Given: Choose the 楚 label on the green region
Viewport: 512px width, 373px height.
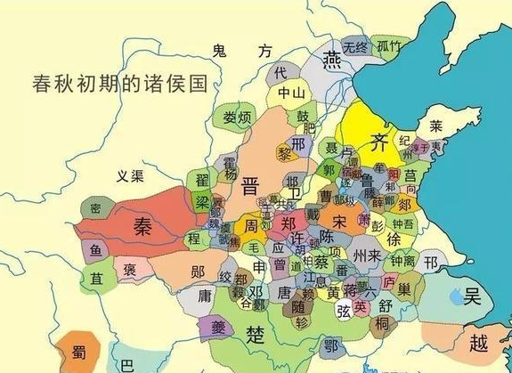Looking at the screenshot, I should coord(256,336).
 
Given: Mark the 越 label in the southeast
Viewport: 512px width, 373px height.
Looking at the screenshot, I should coord(480,343).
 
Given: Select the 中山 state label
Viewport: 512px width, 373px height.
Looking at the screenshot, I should coord(291,92).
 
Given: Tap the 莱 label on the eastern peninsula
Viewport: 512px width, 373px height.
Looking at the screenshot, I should coord(435,126).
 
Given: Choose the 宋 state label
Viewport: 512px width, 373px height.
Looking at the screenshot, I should coord(338,219).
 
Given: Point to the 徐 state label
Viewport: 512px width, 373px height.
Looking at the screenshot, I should coord(393,239).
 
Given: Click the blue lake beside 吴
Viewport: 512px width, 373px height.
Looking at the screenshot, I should coord(455,293).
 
